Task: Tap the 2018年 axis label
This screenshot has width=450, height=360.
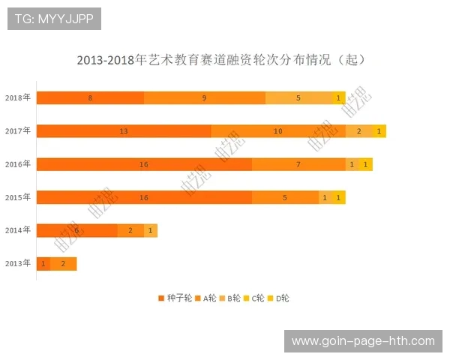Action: pos(18,97)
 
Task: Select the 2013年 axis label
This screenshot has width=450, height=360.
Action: pos(18,263)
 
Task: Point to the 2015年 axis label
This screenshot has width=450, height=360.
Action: pos(18,197)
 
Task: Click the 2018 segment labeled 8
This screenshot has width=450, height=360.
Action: pos(90,97)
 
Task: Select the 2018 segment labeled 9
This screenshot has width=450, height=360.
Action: pos(204,97)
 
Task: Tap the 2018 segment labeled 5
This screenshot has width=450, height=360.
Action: pos(298,97)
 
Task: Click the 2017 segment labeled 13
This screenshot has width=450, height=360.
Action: pos(124,131)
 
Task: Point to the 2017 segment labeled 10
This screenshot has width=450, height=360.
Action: pos(277,131)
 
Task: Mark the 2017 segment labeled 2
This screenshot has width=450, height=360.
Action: pos(359,131)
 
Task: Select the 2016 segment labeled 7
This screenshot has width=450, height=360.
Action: pos(298,164)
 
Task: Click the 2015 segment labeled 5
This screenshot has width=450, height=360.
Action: pos(285,197)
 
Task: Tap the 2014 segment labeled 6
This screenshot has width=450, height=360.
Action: pos(76,230)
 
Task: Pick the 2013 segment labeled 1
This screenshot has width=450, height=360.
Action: pos(43,263)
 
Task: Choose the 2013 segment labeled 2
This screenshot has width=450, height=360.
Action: pos(63,263)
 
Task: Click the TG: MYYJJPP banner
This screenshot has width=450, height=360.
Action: pos(54,19)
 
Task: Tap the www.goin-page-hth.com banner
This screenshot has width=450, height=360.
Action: pos(363,341)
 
